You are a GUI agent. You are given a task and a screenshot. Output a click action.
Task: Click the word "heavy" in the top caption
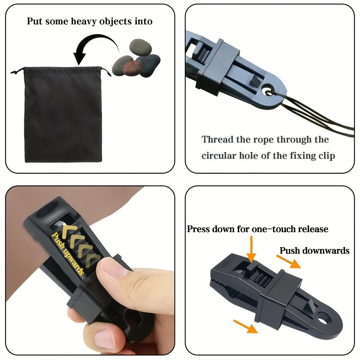(x=84, y=21)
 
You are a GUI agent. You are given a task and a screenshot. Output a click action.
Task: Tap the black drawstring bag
(x=63, y=114)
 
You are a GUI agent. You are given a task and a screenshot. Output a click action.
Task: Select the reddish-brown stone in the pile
(x=133, y=67)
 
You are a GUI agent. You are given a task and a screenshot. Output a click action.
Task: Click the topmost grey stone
(x=140, y=48)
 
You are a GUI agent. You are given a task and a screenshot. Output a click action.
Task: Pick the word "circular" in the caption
(x=219, y=156)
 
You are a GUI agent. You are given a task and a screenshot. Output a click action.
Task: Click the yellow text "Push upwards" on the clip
(x=68, y=253)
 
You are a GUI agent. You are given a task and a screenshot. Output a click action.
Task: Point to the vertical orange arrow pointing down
(x=252, y=249)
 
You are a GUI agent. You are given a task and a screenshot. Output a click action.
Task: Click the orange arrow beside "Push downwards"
(x=288, y=261)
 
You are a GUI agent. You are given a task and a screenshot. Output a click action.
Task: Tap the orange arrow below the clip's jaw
(x=245, y=326)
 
